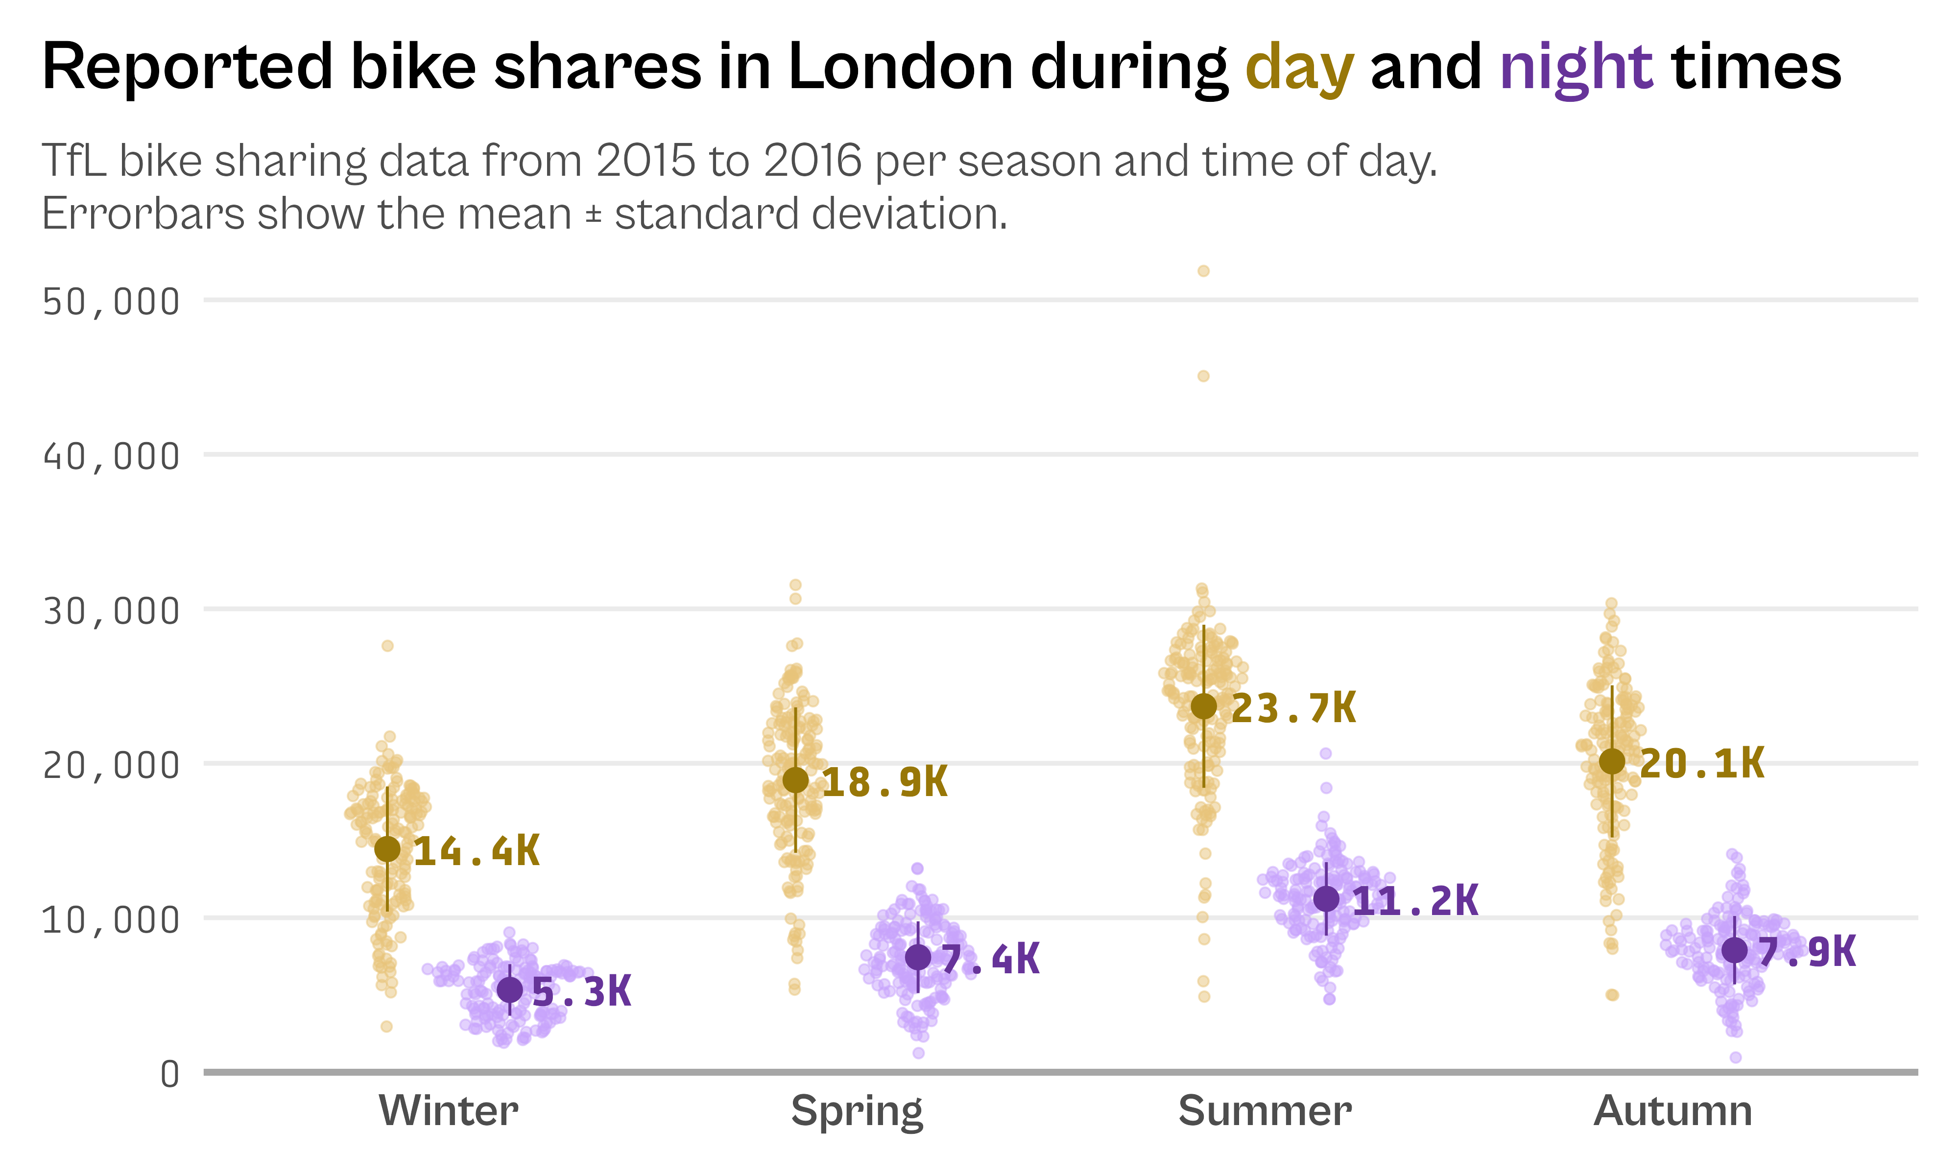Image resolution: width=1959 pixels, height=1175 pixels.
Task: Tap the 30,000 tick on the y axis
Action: tap(111, 611)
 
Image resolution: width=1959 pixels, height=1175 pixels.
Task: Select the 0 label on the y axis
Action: tap(169, 1075)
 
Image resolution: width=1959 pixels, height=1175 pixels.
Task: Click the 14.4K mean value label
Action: tap(476, 852)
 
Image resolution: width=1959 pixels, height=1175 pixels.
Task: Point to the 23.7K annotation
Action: tap(1293, 708)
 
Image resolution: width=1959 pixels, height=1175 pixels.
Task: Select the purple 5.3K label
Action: tap(581, 992)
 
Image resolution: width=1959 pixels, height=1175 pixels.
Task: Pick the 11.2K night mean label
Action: tap(1415, 901)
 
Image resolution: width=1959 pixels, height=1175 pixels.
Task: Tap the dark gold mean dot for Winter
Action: tap(387, 849)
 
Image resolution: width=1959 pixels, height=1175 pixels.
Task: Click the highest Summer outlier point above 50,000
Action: tap(1204, 271)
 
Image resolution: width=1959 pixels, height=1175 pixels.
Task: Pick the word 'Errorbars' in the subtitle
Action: tap(143, 214)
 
